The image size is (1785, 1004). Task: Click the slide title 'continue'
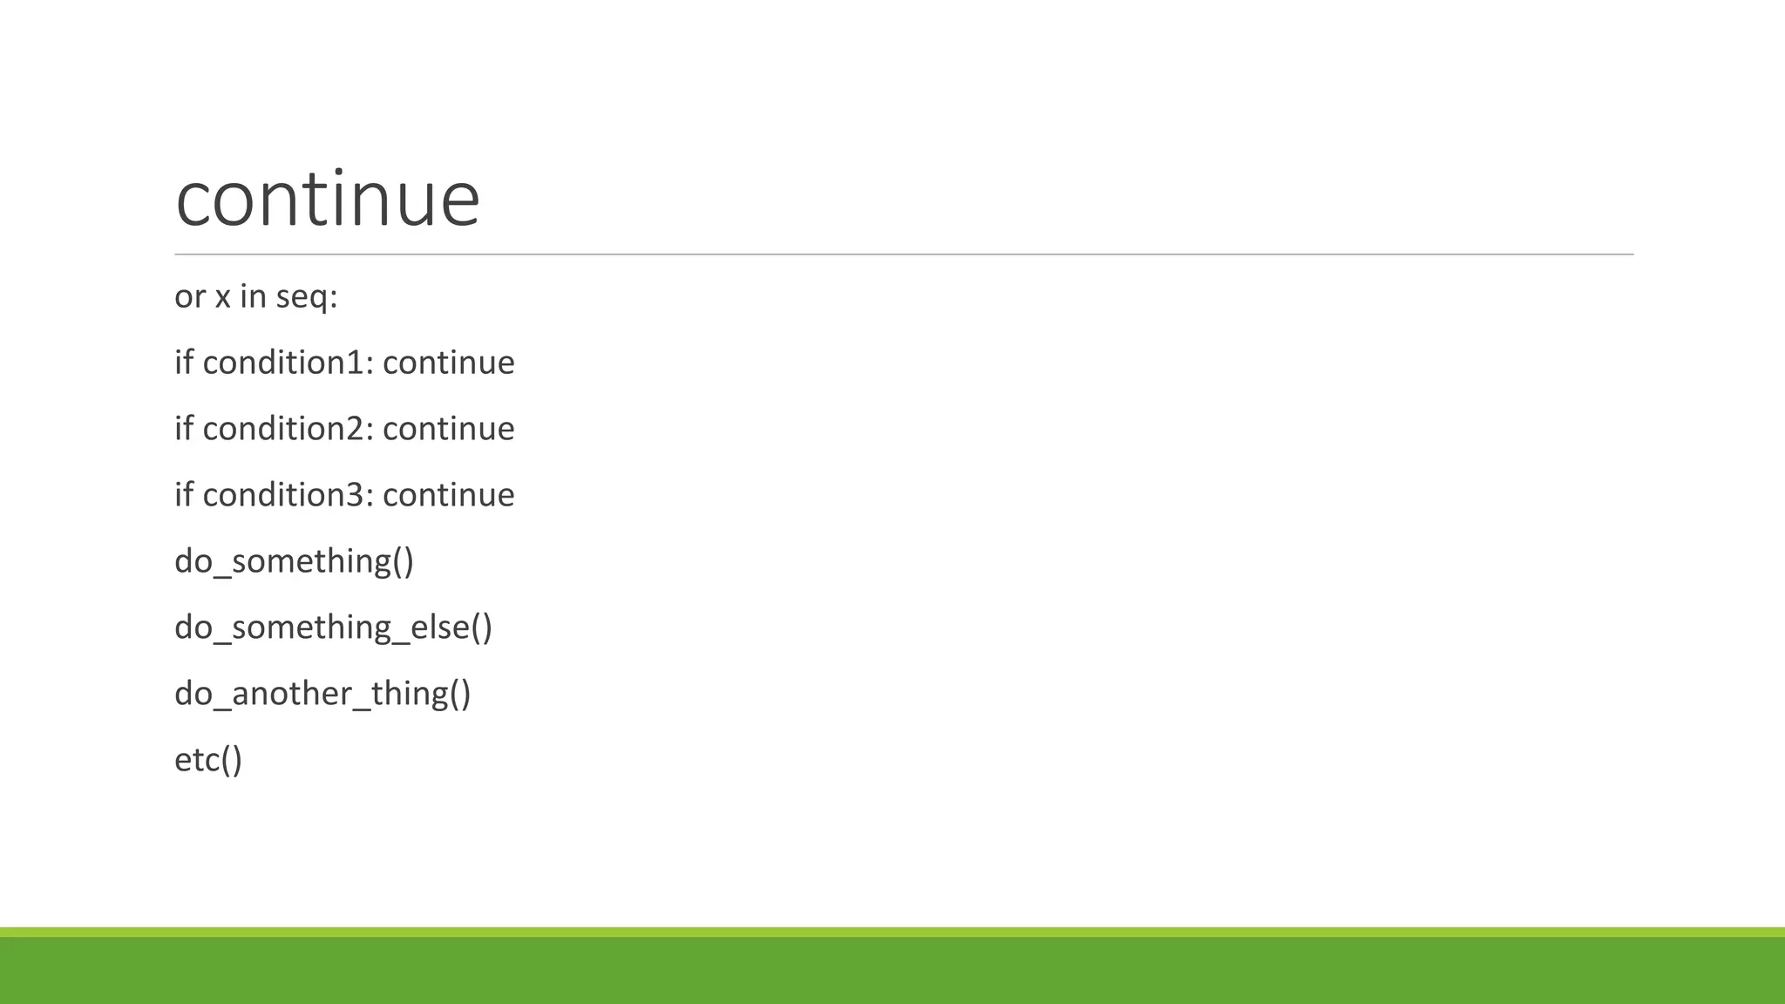pos(328,200)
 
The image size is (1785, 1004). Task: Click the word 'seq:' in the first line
pos(307,297)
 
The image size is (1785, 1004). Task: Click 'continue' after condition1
pos(448,363)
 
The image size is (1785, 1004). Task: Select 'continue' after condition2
pos(448,429)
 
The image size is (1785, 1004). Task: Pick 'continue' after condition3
pos(448,495)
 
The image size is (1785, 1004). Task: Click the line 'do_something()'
pos(294,561)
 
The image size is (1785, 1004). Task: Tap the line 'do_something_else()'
pos(333,627)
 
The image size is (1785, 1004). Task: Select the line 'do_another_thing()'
pos(322,694)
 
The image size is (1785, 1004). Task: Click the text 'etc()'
pos(208,760)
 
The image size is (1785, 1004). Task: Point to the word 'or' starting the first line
pos(190,297)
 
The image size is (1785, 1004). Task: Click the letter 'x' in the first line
pos(222,297)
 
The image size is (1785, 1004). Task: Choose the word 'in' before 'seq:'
pos(253,297)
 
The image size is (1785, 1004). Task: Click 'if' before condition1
pos(183,363)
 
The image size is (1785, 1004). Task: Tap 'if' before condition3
pos(183,495)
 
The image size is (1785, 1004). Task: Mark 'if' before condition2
pos(183,429)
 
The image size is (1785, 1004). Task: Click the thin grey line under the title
pos(904,254)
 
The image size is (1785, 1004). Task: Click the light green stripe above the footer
pos(892,932)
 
